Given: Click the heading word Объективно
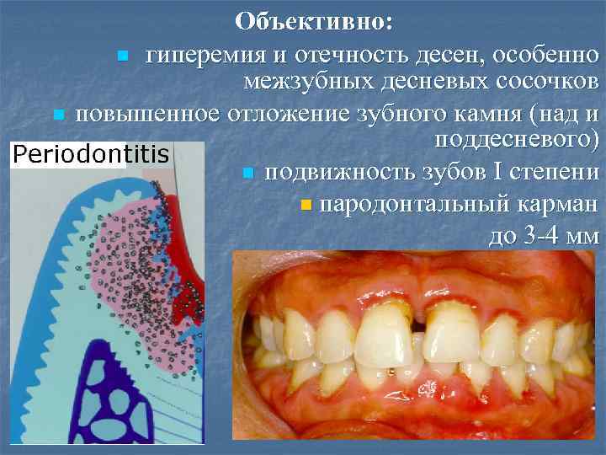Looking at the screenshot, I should pyautogui.click(x=307, y=21).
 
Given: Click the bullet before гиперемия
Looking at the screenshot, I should pyautogui.click(x=123, y=57).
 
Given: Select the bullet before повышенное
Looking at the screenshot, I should pyautogui.click(x=57, y=114).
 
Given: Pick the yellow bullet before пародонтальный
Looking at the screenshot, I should pyautogui.click(x=305, y=205).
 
